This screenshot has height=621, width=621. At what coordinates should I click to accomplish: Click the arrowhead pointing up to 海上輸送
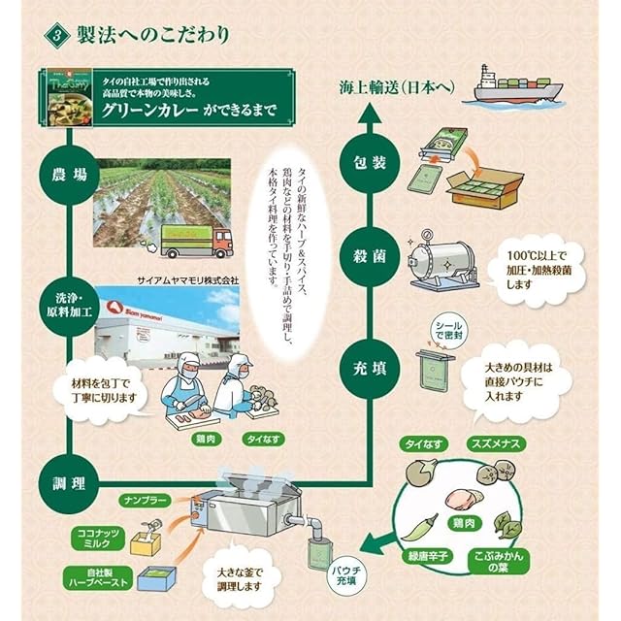coord(369,113)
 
